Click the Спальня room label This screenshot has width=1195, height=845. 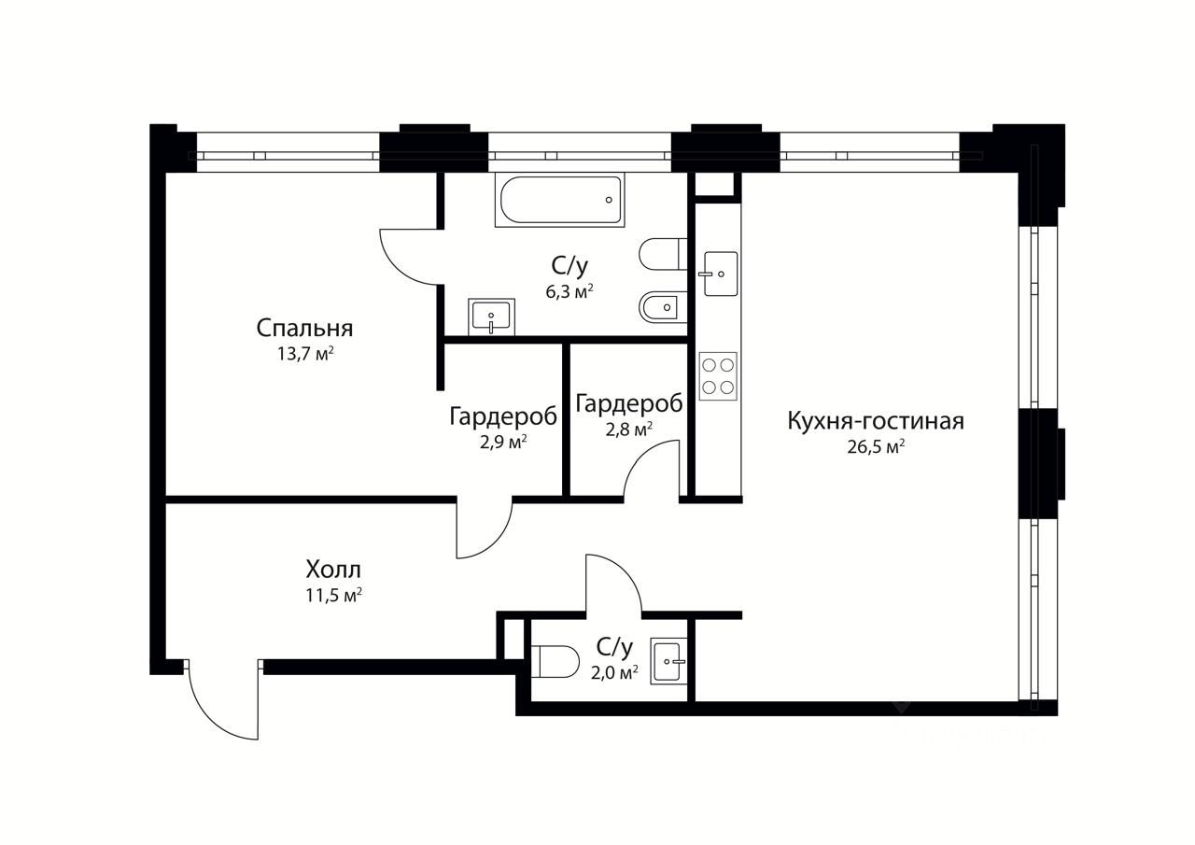point(304,330)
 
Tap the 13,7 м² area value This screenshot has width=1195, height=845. point(305,354)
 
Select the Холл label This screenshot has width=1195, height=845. point(333,570)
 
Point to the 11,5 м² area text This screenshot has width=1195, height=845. point(333,595)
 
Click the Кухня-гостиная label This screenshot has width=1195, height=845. point(876,421)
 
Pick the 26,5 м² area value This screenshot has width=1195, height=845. point(876,446)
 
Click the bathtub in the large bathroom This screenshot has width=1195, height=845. point(559,200)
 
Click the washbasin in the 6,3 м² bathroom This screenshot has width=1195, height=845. point(491,317)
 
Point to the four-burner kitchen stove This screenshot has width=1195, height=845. point(718,376)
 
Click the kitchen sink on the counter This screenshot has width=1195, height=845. point(719,274)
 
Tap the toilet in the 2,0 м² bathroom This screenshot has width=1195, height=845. point(555,661)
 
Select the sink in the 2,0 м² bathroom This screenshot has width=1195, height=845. point(668,661)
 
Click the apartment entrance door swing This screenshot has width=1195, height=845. point(223,700)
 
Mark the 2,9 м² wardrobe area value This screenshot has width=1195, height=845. point(503,443)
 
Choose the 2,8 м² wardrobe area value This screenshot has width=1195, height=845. point(629,430)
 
